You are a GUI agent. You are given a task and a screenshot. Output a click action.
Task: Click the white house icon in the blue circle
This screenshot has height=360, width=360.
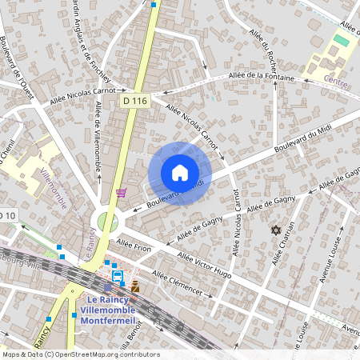[180, 173]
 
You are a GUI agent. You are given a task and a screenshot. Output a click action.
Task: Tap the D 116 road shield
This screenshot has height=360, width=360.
[136, 101]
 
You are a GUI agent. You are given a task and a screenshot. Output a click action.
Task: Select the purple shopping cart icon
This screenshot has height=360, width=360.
[122, 192]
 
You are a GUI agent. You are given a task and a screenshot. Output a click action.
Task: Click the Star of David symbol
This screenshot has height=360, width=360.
[277, 230]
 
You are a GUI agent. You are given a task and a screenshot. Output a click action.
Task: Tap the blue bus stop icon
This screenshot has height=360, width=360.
[118, 277]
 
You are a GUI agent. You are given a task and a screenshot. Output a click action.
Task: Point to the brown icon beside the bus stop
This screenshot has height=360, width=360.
[135, 286]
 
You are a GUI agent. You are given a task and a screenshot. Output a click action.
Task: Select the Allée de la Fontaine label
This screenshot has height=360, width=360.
[262, 77]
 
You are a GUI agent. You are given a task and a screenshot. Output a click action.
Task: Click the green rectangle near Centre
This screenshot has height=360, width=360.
[341, 40]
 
